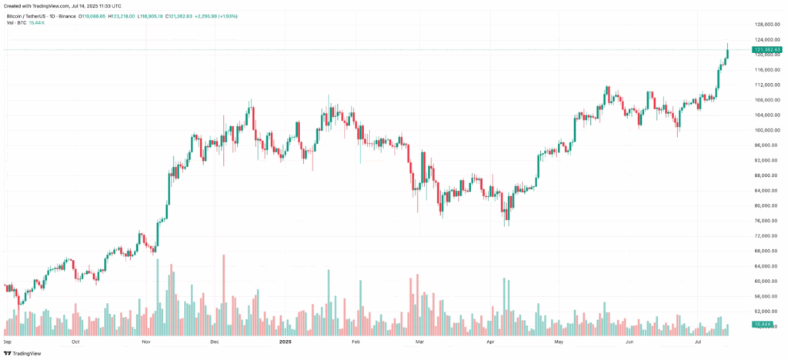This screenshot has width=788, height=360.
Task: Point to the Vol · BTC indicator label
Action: (x=15, y=22)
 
